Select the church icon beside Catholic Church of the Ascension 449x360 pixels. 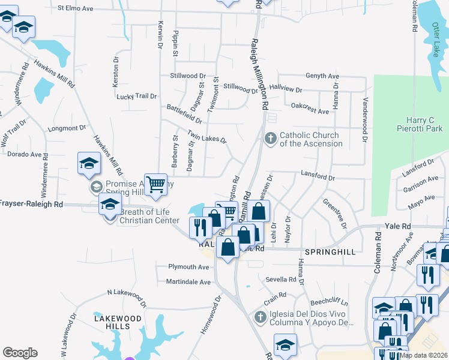270,139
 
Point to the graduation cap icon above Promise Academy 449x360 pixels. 88,163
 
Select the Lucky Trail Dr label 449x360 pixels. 136,96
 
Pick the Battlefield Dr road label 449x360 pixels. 184,113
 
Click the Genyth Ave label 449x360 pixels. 322,76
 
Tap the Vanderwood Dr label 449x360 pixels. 364,119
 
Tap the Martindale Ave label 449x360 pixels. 188,282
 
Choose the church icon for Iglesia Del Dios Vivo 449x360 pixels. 260,316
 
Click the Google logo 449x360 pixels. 20,353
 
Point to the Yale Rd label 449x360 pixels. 398,226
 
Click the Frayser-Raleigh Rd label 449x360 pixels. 32,204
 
